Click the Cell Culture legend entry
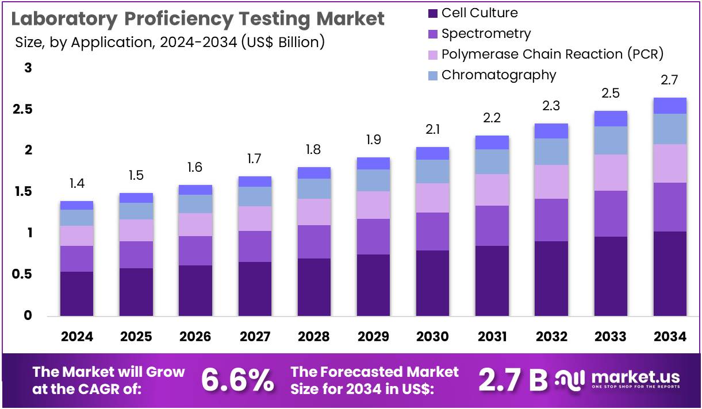click(x=479, y=13)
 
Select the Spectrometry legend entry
click(x=486, y=33)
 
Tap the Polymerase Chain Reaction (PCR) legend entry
click(x=552, y=54)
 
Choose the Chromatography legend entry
click(x=498, y=75)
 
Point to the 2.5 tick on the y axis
click(x=24, y=109)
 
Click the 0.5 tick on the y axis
click(x=24, y=275)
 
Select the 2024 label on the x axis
click(x=76, y=337)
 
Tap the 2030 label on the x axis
click(x=432, y=337)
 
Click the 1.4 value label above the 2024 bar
click(x=76, y=184)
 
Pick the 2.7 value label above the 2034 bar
click(x=670, y=80)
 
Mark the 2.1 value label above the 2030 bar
click(x=432, y=130)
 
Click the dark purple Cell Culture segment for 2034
click(x=670, y=273)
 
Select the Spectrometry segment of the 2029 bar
click(x=373, y=237)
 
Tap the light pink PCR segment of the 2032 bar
click(x=551, y=182)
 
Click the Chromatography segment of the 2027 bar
click(x=255, y=196)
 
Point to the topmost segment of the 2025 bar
click(x=136, y=198)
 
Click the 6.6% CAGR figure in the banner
click(x=237, y=380)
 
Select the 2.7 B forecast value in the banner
click(x=513, y=380)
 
